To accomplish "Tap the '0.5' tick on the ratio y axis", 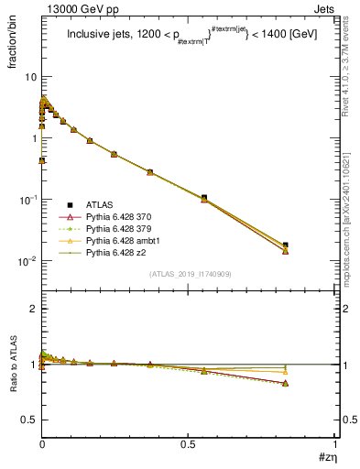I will click(28, 420).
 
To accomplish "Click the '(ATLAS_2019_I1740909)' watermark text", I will click(189, 274).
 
